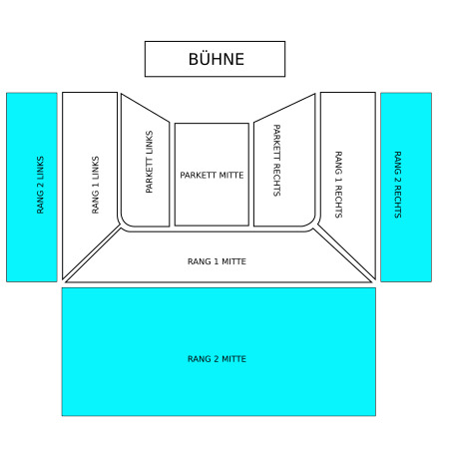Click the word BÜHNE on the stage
click(x=217, y=59)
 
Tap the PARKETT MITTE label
click(x=212, y=175)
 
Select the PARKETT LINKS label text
click(x=150, y=162)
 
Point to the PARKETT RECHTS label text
click(x=276, y=161)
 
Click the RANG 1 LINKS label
click(x=95, y=185)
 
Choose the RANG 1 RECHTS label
click(x=338, y=185)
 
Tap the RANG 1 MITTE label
click(x=217, y=261)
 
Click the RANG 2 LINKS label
click(x=40, y=185)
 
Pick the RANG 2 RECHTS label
click(x=398, y=185)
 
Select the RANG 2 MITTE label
click(x=217, y=359)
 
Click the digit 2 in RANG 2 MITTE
click(x=217, y=359)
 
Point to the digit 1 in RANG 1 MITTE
click(x=217, y=261)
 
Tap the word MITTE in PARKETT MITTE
click(x=232, y=175)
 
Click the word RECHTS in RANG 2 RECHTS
click(x=398, y=202)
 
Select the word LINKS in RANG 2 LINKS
click(x=40, y=168)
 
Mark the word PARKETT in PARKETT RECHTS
click(x=276, y=143)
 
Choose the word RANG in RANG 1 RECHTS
click(x=338, y=163)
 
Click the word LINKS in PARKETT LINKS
click(x=150, y=143)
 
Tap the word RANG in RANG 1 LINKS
click(x=95, y=202)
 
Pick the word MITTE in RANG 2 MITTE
click(x=234, y=359)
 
